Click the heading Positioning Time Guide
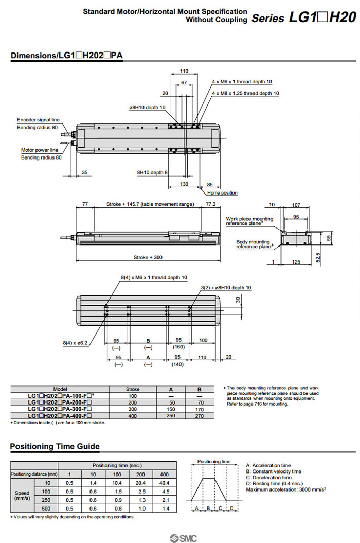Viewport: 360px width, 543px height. coord(55,446)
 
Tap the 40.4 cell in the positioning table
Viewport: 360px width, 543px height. coord(165,483)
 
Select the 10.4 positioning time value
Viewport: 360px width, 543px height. coord(117,483)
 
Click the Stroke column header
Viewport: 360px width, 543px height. coord(133,389)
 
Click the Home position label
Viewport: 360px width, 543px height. coord(222,193)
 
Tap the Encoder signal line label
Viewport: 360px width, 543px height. coord(38,120)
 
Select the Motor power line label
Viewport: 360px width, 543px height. coord(40,150)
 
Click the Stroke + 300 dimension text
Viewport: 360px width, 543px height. coord(148,257)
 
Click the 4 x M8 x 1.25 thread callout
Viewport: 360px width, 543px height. coord(245,93)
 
